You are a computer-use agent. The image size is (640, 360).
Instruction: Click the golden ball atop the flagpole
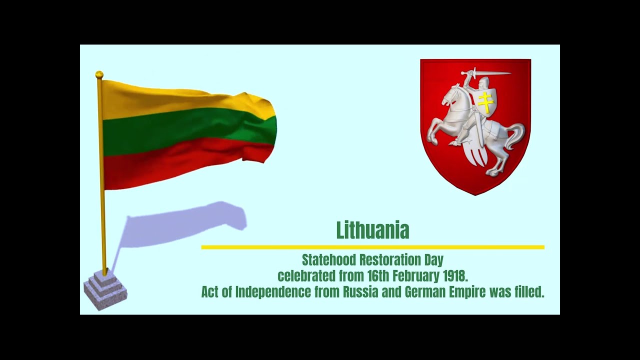coord(99,74)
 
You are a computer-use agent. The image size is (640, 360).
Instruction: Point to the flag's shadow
coord(190,222)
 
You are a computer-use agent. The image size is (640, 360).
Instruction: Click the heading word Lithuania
coord(372,230)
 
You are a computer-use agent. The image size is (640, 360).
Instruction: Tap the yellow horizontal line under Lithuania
coord(372,247)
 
